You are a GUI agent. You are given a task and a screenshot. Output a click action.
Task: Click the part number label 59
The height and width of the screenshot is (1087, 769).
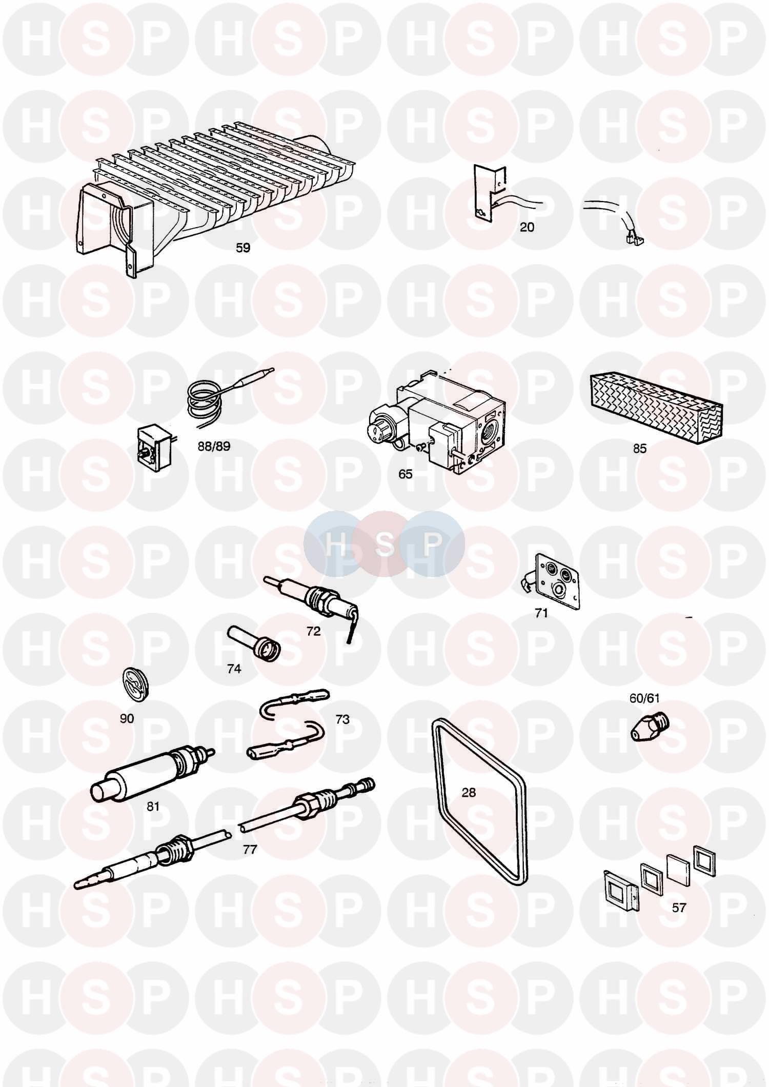tap(243, 248)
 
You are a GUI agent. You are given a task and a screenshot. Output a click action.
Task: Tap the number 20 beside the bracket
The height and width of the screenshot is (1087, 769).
tap(527, 227)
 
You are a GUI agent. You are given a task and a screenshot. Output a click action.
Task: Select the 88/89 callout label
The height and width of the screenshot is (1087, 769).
tap(214, 446)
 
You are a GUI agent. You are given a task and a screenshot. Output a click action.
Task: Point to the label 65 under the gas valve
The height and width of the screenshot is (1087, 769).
tap(405, 474)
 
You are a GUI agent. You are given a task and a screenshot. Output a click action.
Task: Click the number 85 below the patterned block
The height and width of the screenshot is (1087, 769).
tap(640, 449)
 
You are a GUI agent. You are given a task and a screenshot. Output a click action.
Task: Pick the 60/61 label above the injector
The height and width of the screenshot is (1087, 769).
tap(644, 698)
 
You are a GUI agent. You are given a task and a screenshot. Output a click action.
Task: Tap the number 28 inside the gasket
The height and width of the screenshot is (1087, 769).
tap(469, 792)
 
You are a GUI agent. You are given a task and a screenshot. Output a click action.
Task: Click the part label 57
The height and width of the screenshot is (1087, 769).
tap(679, 908)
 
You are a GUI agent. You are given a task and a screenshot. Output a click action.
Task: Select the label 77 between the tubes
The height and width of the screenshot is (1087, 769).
tap(250, 850)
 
